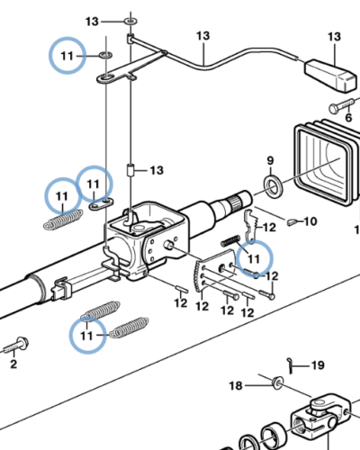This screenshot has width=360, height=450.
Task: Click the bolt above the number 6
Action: pos(340,106)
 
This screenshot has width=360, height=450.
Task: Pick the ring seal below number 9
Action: pos(271,186)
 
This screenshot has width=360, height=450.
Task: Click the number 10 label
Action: pos(310,220)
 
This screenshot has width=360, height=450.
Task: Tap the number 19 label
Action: pos(317,366)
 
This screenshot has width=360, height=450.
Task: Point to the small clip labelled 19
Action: pos(292,363)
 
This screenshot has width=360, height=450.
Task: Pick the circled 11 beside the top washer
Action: pos(68,56)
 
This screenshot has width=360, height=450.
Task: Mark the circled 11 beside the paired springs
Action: pos(87,336)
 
